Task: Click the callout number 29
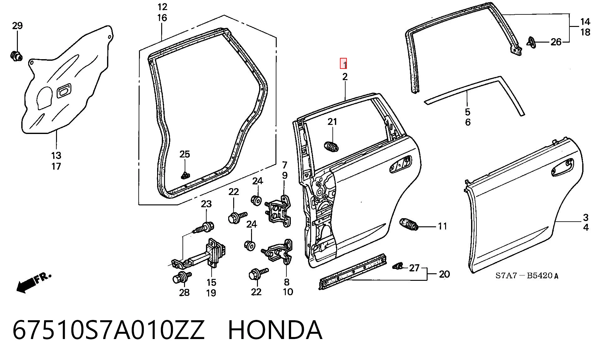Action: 18,26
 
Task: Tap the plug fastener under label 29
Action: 16,56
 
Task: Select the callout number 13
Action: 56,156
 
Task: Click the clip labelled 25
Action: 186,176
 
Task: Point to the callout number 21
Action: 332,122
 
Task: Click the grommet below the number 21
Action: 331,147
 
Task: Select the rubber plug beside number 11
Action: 409,225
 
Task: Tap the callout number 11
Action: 442,226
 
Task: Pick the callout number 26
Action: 556,42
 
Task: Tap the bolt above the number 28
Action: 182,277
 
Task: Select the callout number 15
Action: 211,282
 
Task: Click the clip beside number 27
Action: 397,266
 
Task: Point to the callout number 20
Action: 444,274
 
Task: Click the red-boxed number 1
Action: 344,64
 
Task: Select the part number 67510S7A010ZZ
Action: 108,330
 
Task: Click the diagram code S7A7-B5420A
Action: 527,276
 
